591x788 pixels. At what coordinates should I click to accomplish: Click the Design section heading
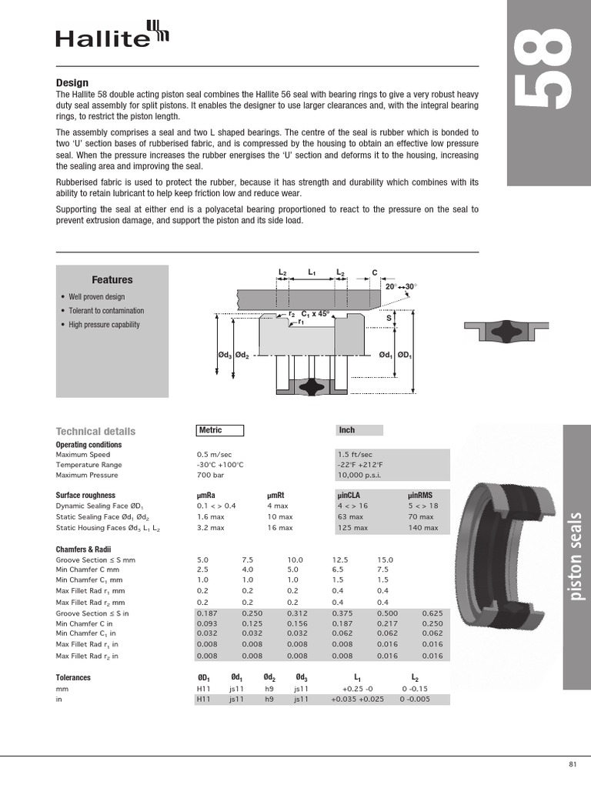72,83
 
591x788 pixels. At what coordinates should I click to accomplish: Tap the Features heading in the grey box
112,280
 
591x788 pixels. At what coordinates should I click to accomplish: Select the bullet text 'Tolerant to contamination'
106,311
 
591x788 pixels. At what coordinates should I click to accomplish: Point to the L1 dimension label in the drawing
312,272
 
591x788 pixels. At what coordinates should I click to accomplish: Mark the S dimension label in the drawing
389,317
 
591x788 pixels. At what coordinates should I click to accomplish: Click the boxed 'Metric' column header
219,431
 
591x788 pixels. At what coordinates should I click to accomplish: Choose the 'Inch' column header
347,431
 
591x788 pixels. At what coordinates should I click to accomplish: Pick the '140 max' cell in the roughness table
422,528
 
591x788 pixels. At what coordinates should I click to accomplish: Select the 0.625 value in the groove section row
432,613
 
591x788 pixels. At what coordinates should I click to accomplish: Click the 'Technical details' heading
95,432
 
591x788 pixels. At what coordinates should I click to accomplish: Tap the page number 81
572,764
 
